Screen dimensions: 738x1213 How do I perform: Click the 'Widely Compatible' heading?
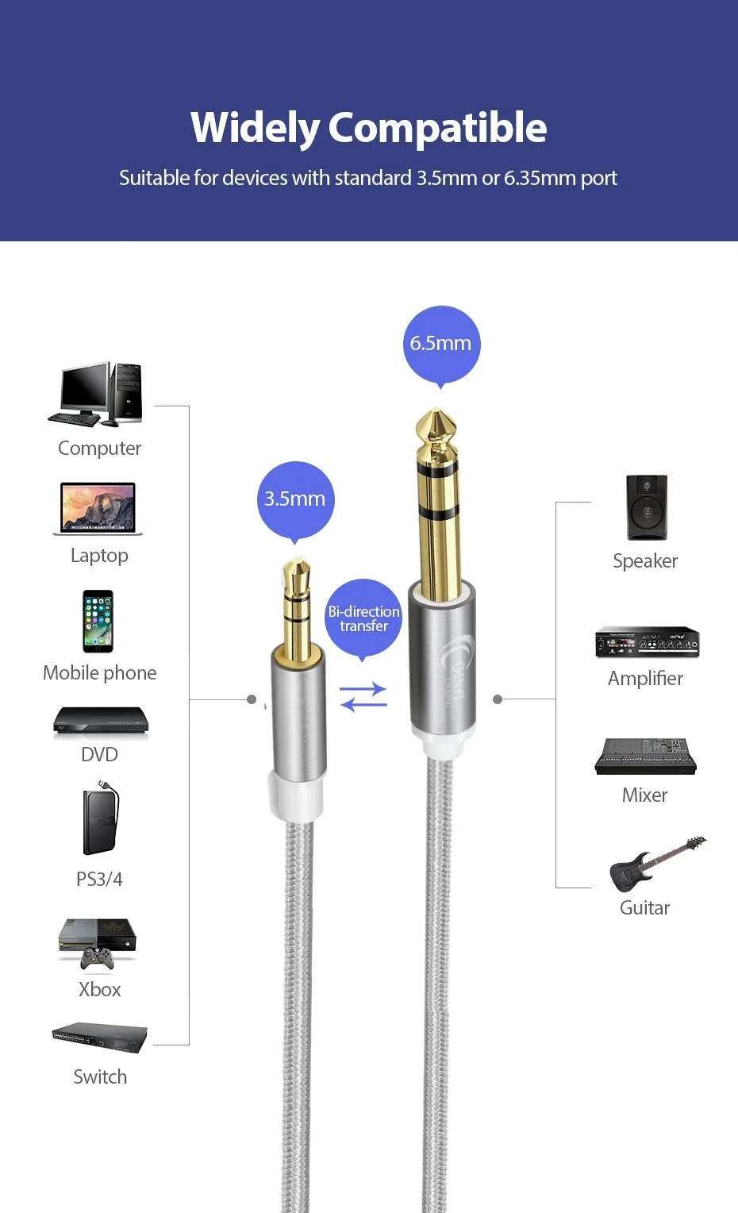[x=369, y=128]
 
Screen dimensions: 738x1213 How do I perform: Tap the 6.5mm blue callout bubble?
[x=441, y=344]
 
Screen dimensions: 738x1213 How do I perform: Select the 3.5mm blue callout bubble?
[x=295, y=499]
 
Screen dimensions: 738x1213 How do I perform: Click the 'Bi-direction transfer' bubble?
[x=363, y=618]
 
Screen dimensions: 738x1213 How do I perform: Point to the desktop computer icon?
[x=97, y=395]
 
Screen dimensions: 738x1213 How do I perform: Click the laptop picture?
[x=98, y=509]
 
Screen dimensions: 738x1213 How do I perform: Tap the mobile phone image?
[x=98, y=622]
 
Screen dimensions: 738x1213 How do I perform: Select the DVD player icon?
[x=101, y=722]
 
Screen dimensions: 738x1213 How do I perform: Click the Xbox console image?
[x=98, y=942]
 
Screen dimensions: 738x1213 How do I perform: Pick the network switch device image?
[x=100, y=1037]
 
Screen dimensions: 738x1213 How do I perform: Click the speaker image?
[x=647, y=508]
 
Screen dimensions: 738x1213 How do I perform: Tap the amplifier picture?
[x=647, y=642]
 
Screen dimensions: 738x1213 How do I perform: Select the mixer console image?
[x=645, y=756]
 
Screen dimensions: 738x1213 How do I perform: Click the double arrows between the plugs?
[x=363, y=697]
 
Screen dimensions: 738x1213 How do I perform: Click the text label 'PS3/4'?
[x=99, y=879]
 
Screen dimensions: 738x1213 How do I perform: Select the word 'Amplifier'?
[x=645, y=679]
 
